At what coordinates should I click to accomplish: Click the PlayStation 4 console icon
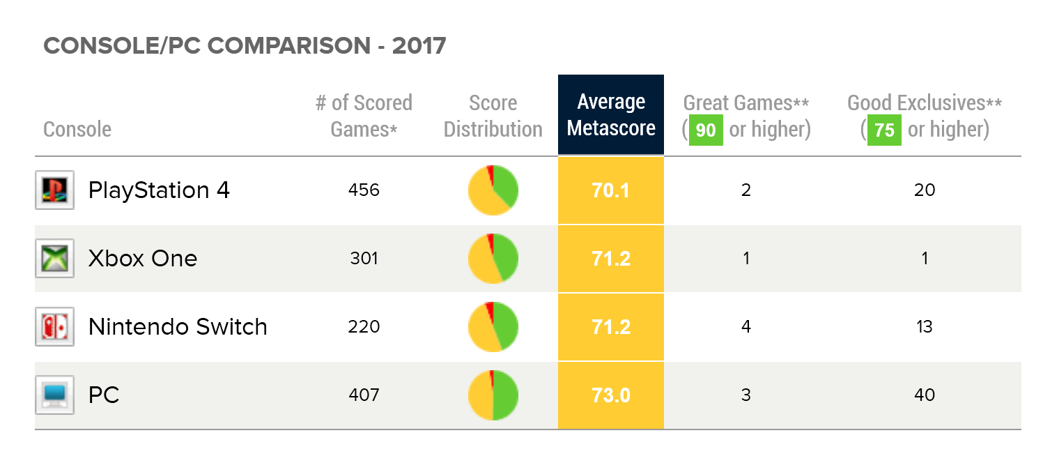click(x=54, y=190)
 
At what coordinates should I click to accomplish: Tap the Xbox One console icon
click(x=54, y=258)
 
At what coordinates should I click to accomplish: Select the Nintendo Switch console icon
click(x=54, y=326)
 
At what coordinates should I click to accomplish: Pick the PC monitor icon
click(x=54, y=395)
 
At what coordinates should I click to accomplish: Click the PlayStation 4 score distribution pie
click(x=493, y=190)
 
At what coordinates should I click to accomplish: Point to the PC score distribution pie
click(x=493, y=395)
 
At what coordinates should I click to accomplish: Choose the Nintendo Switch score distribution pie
click(x=493, y=326)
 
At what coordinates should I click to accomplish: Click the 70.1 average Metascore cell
click(x=610, y=190)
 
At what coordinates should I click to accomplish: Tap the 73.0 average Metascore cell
click(x=610, y=395)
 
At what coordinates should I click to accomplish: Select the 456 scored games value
click(x=364, y=190)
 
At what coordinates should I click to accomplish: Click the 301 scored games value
click(x=364, y=258)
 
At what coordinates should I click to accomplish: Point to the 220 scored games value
click(x=364, y=326)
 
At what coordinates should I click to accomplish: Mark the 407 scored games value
click(x=364, y=395)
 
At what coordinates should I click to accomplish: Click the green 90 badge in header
click(x=705, y=130)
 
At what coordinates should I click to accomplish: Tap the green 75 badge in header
click(x=883, y=130)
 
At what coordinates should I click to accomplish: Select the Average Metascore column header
click(x=610, y=115)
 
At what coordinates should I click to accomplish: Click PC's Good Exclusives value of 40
click(x=924, y=395)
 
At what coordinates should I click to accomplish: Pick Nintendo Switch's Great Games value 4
click(x=745, y=326)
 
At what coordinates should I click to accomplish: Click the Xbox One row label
click(x=142, y=259)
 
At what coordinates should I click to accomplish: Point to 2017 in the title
click(x=419, y=46)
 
